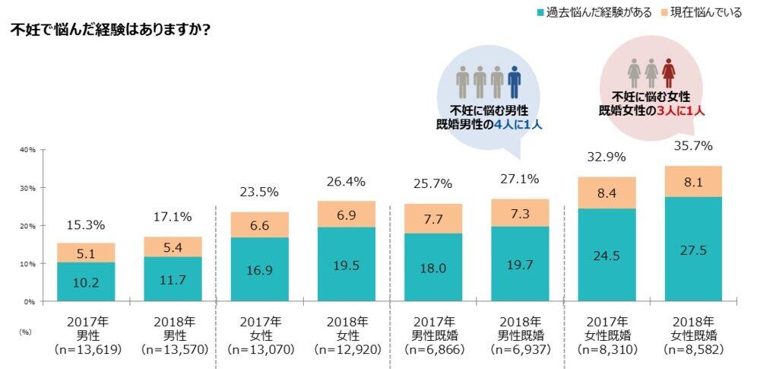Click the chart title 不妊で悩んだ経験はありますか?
[x=111, y=31]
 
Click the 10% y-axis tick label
[x=27, y=264]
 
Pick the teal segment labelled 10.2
[x=85, y=282]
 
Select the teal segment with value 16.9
[x=259, y=269]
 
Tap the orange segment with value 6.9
[x=346, y=214]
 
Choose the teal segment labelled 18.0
[x=432, y=267]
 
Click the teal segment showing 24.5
[x=606, y=254]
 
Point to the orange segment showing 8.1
[x=693, y=181]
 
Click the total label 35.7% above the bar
[x=693, y=145]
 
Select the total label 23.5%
[x=259, y=192]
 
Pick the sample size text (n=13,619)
[x=85, y=349]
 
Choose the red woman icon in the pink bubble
[x=669, y=73]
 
